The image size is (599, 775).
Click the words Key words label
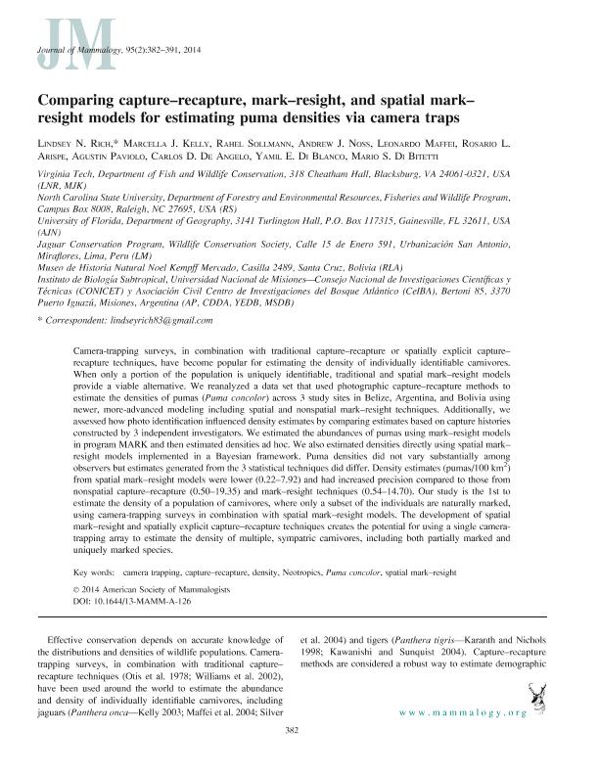coord(92,569)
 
